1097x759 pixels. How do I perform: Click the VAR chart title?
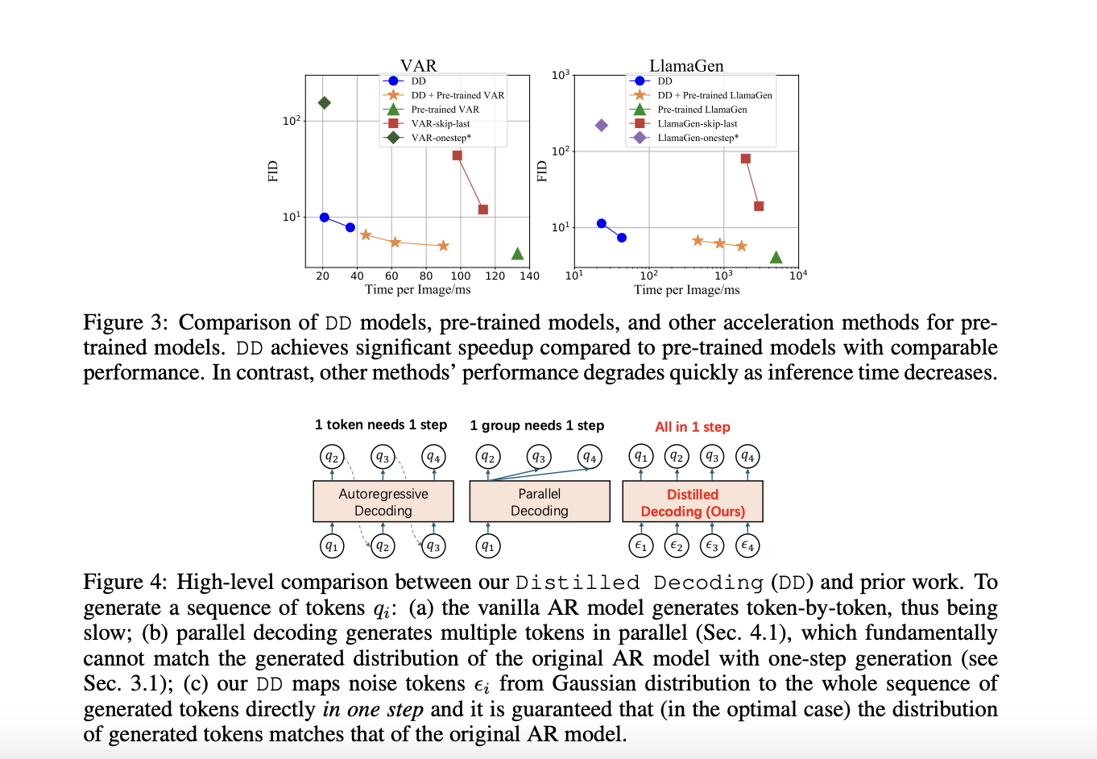point(418,65)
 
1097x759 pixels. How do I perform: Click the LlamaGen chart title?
point(686,65)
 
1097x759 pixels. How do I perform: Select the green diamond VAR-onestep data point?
point(325,102)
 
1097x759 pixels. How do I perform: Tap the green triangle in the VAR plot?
point(517,254)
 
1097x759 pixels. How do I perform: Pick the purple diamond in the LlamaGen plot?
point(601,125)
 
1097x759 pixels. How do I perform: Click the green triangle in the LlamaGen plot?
point(776,257)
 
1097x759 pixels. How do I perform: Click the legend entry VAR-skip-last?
point(440,123)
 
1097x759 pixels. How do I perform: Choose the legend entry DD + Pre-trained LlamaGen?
point(714,95)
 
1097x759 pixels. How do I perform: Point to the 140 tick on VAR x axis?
point(529,276)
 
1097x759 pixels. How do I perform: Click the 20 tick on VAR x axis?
point(323,276)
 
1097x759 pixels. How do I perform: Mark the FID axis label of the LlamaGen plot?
point(541,171)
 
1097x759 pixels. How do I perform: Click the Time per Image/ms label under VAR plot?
point(417,290)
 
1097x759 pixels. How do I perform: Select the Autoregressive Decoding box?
point(383,501)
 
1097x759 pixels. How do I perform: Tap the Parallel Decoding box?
point(539,501)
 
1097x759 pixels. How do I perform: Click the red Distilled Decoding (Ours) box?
point(693,502)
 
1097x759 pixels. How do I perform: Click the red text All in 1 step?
point(692,427)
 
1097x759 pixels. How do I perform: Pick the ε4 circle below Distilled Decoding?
point(747,545)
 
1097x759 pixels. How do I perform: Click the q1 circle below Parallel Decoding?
point(488,545)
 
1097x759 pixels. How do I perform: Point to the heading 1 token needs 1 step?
point(381,425)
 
